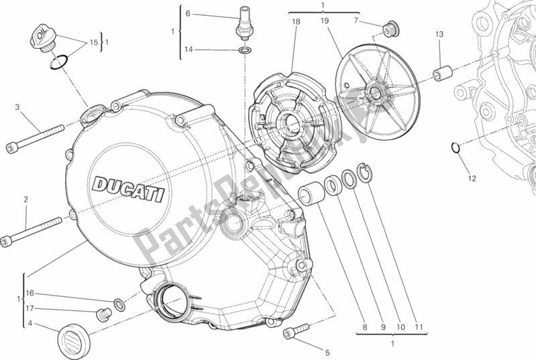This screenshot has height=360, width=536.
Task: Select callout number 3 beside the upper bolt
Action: pyautogui.click(x=18, y=107)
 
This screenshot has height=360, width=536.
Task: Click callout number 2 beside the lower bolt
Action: pyautogui.click(x=25, y=200)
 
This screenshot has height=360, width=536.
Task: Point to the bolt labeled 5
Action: pyautogui.click(x=298, y=329)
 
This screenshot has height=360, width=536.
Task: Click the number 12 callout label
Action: pyautogui.click(x=472, y=178)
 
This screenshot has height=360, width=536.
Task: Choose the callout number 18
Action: pyautogui.click(x=295, y=22)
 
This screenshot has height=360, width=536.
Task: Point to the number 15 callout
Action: pyautogui.click(x=93, y=42)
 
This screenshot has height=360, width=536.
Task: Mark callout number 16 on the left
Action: pyautogui.click(x=30, y=293)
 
